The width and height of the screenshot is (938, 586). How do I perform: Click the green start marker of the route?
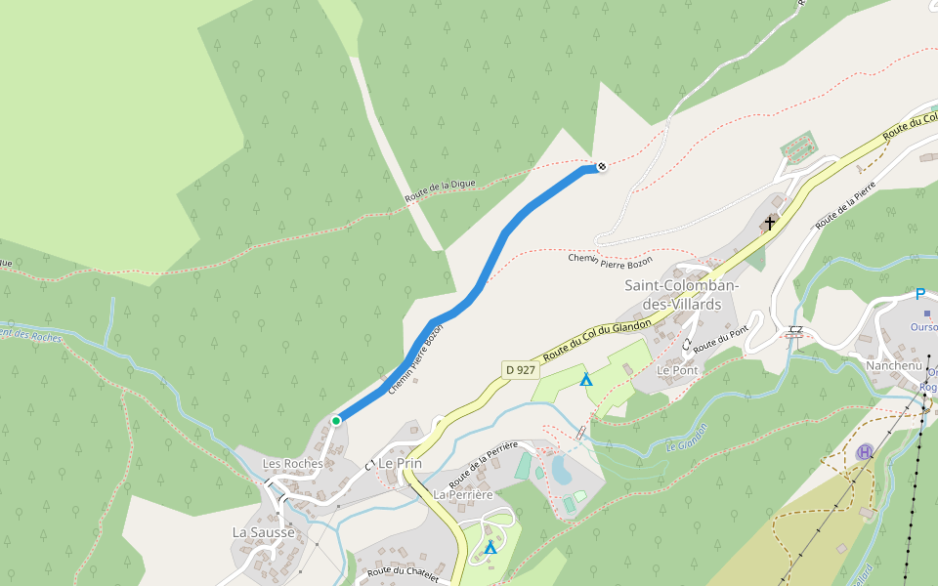click(335, 421)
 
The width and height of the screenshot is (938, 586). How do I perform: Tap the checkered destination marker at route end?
click(602, 167)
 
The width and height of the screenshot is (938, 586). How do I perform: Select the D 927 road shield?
click(521, 370)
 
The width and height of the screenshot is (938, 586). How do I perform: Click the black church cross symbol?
click(770, 223)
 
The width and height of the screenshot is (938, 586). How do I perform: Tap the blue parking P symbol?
click(919, 294)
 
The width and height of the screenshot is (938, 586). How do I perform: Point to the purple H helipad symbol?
click(865, 452)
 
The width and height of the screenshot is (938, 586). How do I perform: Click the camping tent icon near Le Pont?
click(586, 379)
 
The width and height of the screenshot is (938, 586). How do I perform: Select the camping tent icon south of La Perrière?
click(490, 548)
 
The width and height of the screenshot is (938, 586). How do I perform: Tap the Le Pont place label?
click(676, 371)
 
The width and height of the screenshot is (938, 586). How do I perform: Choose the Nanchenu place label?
click(893, 365)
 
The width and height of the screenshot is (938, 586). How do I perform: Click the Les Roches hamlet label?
click(293, 463)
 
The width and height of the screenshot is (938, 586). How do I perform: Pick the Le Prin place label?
click(400, 463)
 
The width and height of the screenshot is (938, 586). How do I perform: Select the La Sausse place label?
click(263, 532)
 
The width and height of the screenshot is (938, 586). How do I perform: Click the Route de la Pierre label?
click(845, 207)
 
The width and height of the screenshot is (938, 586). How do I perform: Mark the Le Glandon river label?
click(686, 445)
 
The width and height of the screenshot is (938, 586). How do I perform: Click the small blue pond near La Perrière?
click(562, 470)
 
